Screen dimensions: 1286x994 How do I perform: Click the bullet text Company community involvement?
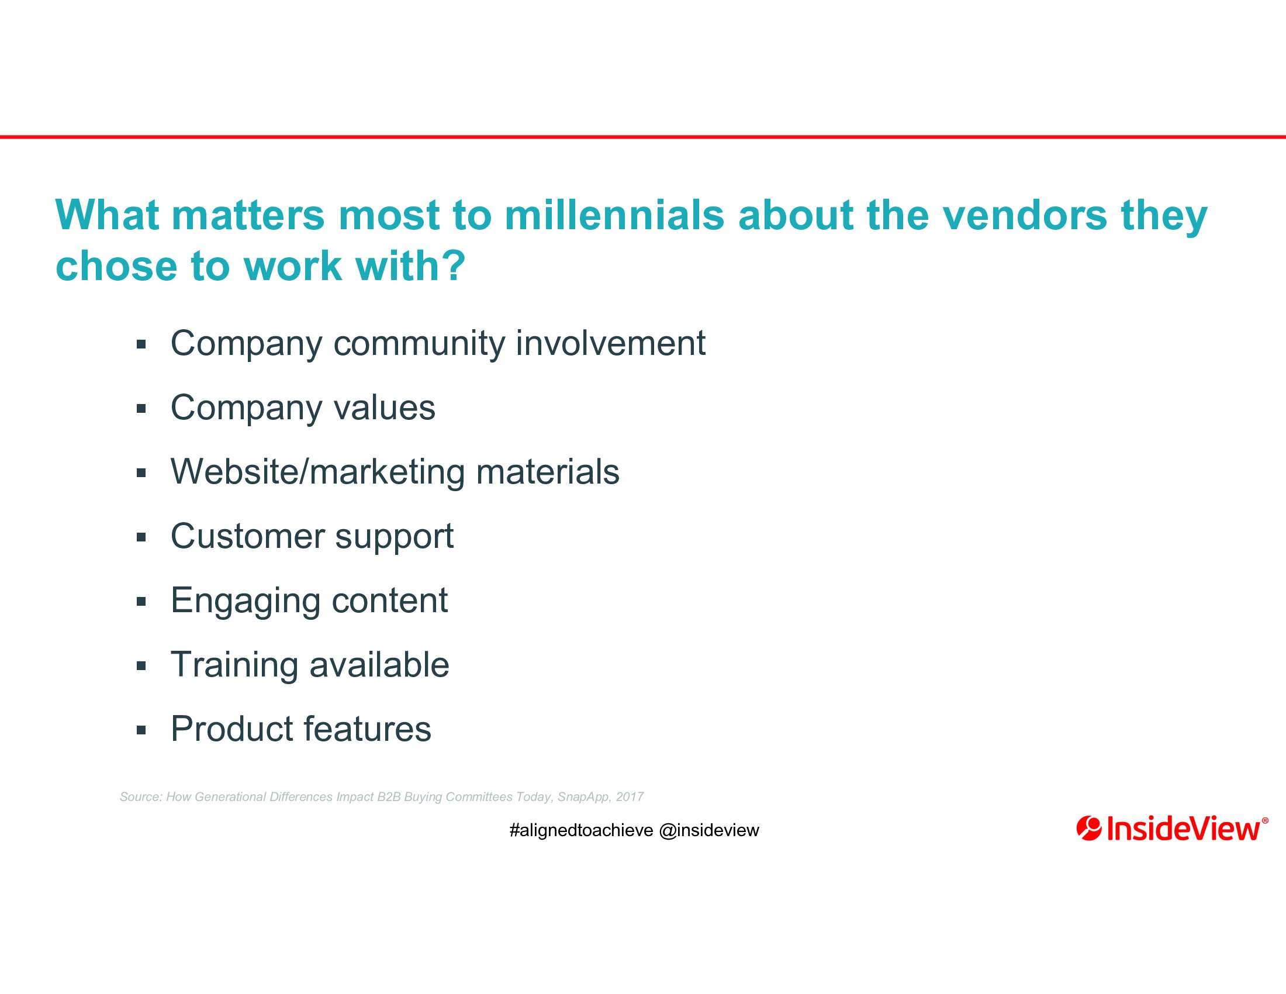[x=437, y=344]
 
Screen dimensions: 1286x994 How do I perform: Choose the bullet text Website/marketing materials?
[x=395, y=472]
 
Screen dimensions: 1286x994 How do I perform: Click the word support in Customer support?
[x=395, y=537]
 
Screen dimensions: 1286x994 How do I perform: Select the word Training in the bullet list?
[x=234, y=665]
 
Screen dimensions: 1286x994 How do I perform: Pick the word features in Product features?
[x=368, y=729]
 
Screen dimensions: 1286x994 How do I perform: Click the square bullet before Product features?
[x=141, y=730]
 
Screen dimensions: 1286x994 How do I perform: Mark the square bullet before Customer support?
[x=141, y=537]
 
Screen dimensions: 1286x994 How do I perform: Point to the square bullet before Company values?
[x=141, y=408]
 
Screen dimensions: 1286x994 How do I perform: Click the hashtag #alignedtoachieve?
[x=581, y=830]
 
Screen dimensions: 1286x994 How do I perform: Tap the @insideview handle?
[x=709, y=830]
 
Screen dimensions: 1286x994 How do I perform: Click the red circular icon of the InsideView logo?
[x=1089, y=829]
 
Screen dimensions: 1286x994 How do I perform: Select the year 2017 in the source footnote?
[x=630, y=797]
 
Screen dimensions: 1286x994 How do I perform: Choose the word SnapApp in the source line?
[x=583, y=798]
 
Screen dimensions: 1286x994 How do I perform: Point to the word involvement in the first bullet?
[x=611, y=343]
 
